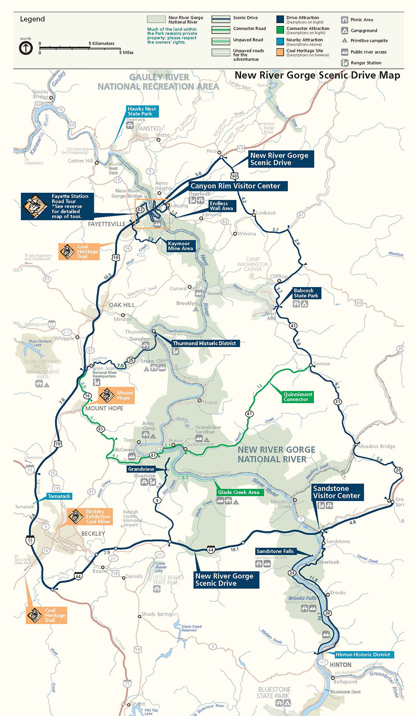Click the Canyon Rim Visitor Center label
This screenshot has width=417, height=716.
tap(235, 186)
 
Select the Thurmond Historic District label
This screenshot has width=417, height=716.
tap(204, 343)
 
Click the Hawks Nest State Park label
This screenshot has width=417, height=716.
tap(141, 111)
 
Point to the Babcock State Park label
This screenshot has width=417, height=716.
tap(306, 293)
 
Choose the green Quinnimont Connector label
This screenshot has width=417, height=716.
tap(297, 397)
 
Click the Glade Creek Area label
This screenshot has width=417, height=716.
tap(239, 492)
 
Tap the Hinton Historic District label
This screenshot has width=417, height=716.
tap(362, 655)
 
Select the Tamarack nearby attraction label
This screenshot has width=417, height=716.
tap(59, 496)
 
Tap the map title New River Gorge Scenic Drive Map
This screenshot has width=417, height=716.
tap(317, 75)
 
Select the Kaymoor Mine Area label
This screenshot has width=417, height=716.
tap(180, 246)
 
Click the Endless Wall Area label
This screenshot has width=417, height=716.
tap(221, 206)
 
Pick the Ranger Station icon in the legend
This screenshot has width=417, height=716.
tap(345, 63)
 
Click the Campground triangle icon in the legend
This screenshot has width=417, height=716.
tap(345, 31)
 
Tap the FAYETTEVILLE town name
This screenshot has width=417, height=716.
tap(106, 224)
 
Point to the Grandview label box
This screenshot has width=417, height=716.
tap(141, 469)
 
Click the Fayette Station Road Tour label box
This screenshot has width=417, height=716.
tap(57, 206)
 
